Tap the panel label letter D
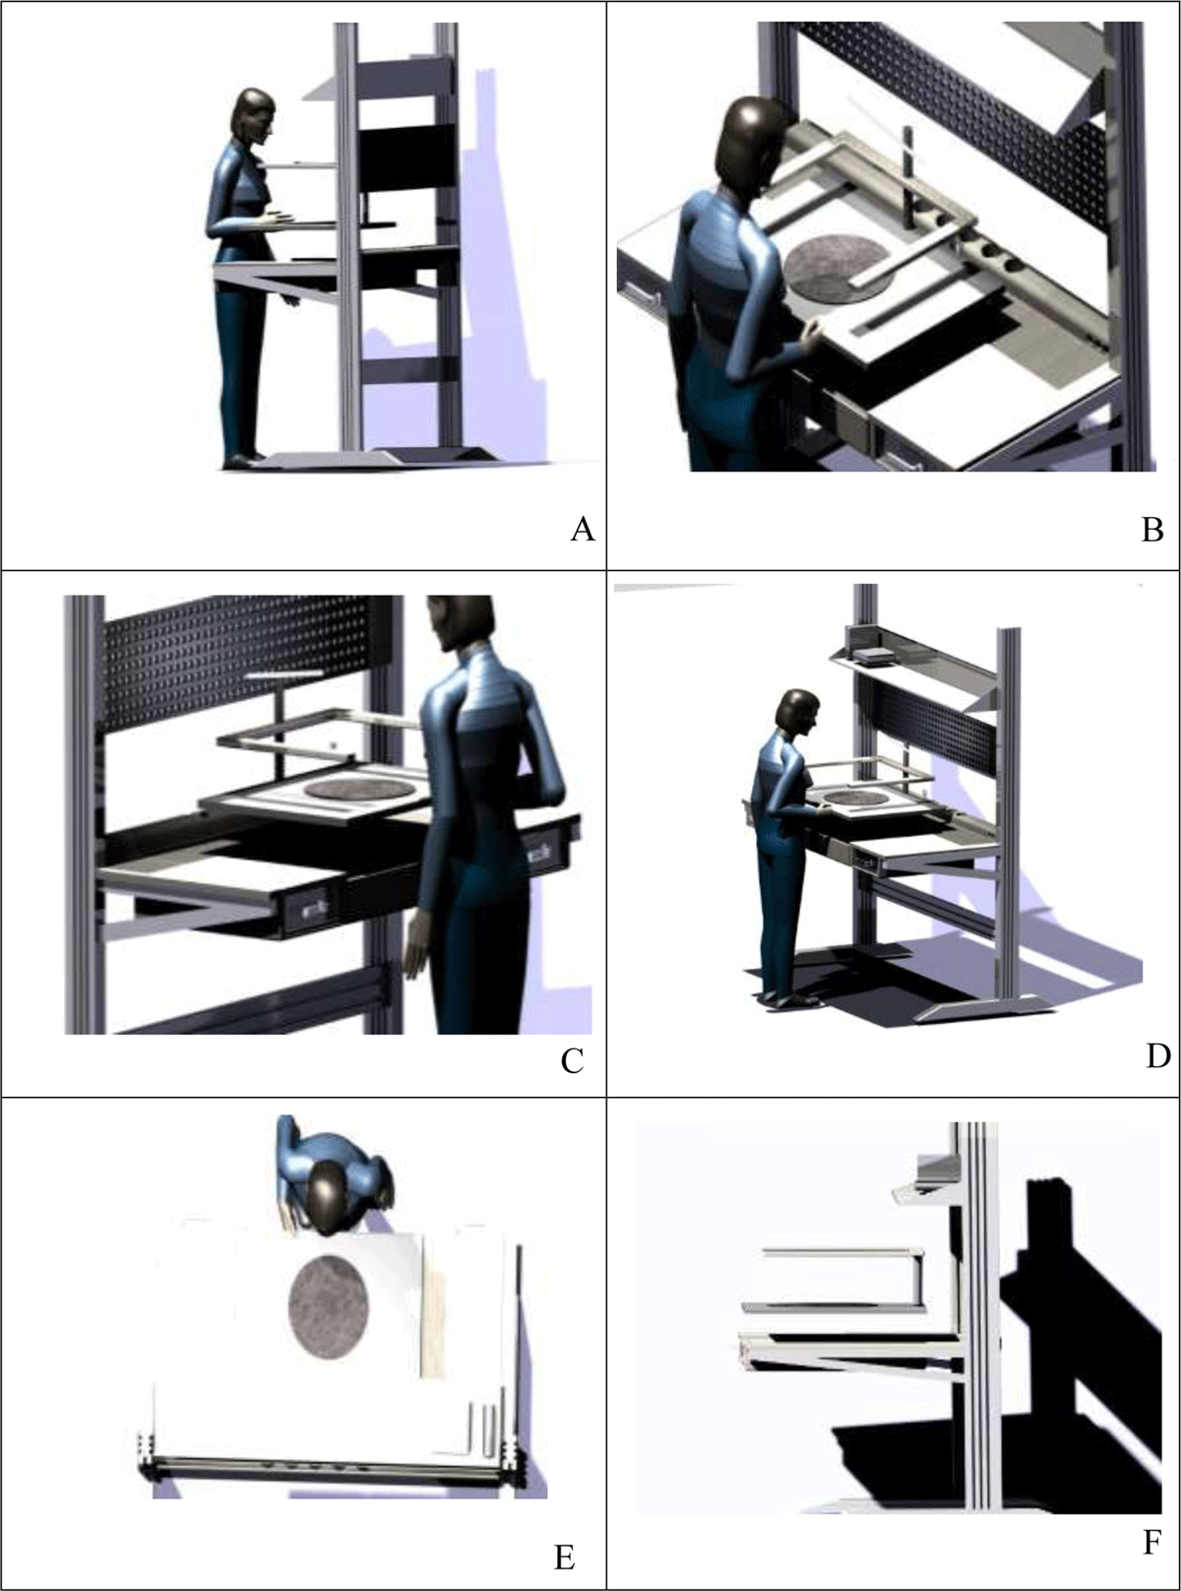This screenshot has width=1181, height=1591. (x=1157, y=1055)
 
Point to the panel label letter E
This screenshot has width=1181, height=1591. (x=564, y=1558)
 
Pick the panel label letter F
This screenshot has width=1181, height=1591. (x=1151, y=1542)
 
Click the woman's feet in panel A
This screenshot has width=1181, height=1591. (x=242, y=459)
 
